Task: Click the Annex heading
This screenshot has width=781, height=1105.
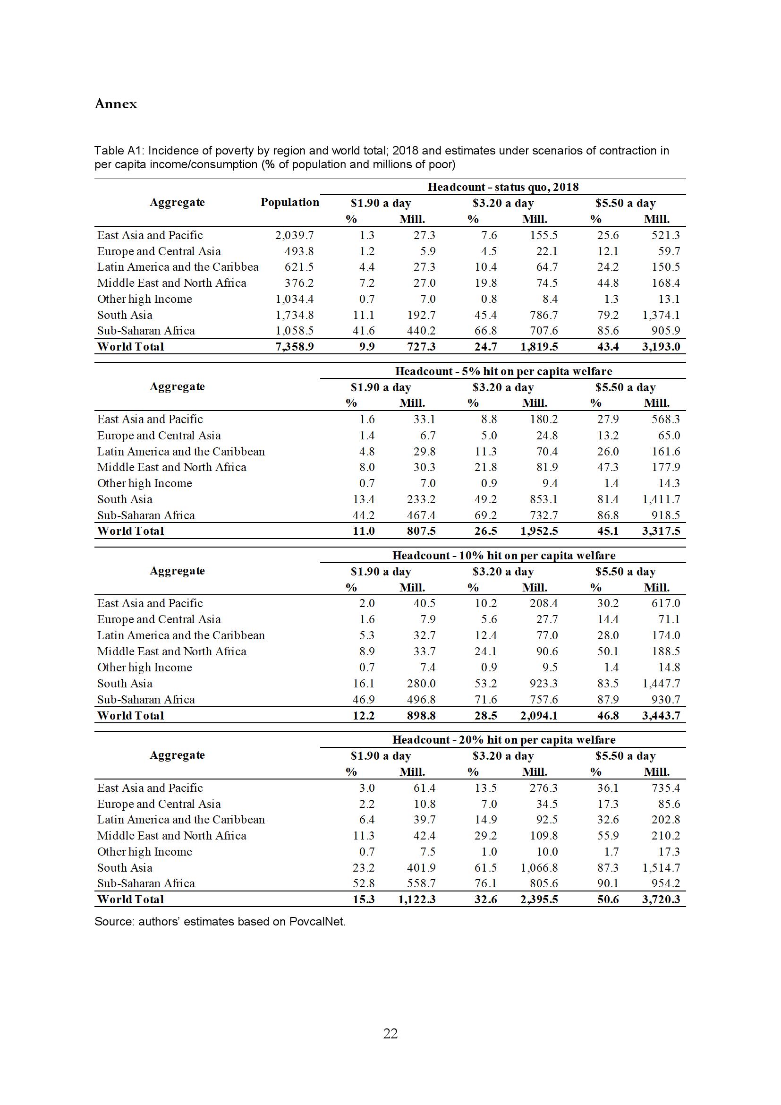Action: point(115,104)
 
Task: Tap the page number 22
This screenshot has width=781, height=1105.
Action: point(390,1033)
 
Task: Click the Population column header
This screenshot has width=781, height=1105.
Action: point(289,202)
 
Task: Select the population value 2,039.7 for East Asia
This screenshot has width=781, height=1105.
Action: point(294,235)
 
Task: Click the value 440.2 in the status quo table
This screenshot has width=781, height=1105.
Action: point(421,331)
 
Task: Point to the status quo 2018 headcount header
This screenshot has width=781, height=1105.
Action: point(503,187)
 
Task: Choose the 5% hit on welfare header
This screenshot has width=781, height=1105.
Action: point(503,371)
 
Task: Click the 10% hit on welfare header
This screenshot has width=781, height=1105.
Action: point(503,556)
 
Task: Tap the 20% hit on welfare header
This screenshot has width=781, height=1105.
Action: point(503,740)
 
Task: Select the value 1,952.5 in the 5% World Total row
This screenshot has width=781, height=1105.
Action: point(539,531)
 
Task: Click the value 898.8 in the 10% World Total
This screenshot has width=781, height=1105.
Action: point(421,715)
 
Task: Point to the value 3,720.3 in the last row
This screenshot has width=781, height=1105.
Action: point(661,899)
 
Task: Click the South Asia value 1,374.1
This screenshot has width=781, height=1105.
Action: point(661,315)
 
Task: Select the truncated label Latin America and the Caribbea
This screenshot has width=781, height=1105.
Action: point(178,266)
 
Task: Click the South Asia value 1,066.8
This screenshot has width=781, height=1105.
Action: point(539,868)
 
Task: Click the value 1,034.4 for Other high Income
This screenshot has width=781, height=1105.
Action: point(294,299)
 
